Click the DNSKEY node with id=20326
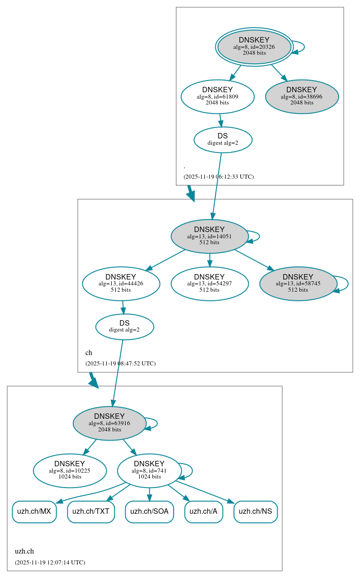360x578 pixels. click(x=254, y=47)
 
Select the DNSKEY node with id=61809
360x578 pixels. click(x=218, y=96)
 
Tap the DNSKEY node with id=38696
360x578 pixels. click(x=302, y=96)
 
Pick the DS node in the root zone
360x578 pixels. click(x=223, y=139)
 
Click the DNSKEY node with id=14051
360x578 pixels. click(x=209, y=236)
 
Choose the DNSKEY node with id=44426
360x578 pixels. click(x=121, y=284)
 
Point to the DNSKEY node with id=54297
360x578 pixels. click(x=209, y=284)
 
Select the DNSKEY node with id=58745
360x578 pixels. click(x=298, y=284)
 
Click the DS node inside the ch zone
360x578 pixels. click(x=124, y=327)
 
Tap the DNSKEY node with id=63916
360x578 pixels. click(x=109, y=423)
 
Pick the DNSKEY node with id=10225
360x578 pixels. click(x=70, y=470)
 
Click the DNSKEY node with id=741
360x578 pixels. click(x=149, y=470)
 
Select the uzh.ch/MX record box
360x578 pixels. click(x=34, y=512)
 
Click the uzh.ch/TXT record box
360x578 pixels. click(x=91, y=512)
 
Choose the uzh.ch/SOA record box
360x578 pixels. click(x=149, y=512)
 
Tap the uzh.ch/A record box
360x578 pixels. click(x=204, y=512)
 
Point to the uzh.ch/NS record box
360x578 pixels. click(x=256, y=512)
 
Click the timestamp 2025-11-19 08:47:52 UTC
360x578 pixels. click(x=120, y=363)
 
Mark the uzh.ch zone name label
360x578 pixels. click(x=24, y=551)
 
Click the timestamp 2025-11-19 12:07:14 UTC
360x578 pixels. click(x=50, y=563)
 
